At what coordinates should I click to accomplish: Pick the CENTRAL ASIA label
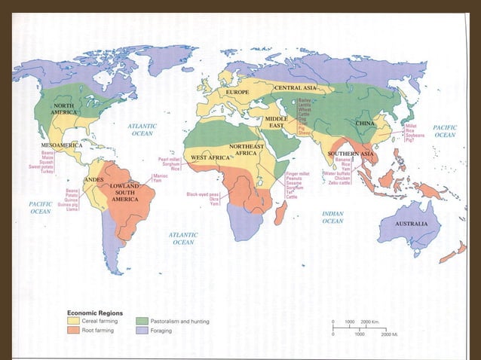coord(294,88)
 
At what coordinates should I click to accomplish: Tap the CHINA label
coord(365,123)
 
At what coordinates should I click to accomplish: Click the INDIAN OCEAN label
coord(332,218)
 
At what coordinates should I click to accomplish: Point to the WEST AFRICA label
coord(210,157)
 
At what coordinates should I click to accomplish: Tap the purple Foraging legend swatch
coord(142,331)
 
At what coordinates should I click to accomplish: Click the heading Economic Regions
coord(96,312)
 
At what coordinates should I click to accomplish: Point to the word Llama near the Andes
coord(72,209)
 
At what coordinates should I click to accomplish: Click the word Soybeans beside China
coord(415,135)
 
